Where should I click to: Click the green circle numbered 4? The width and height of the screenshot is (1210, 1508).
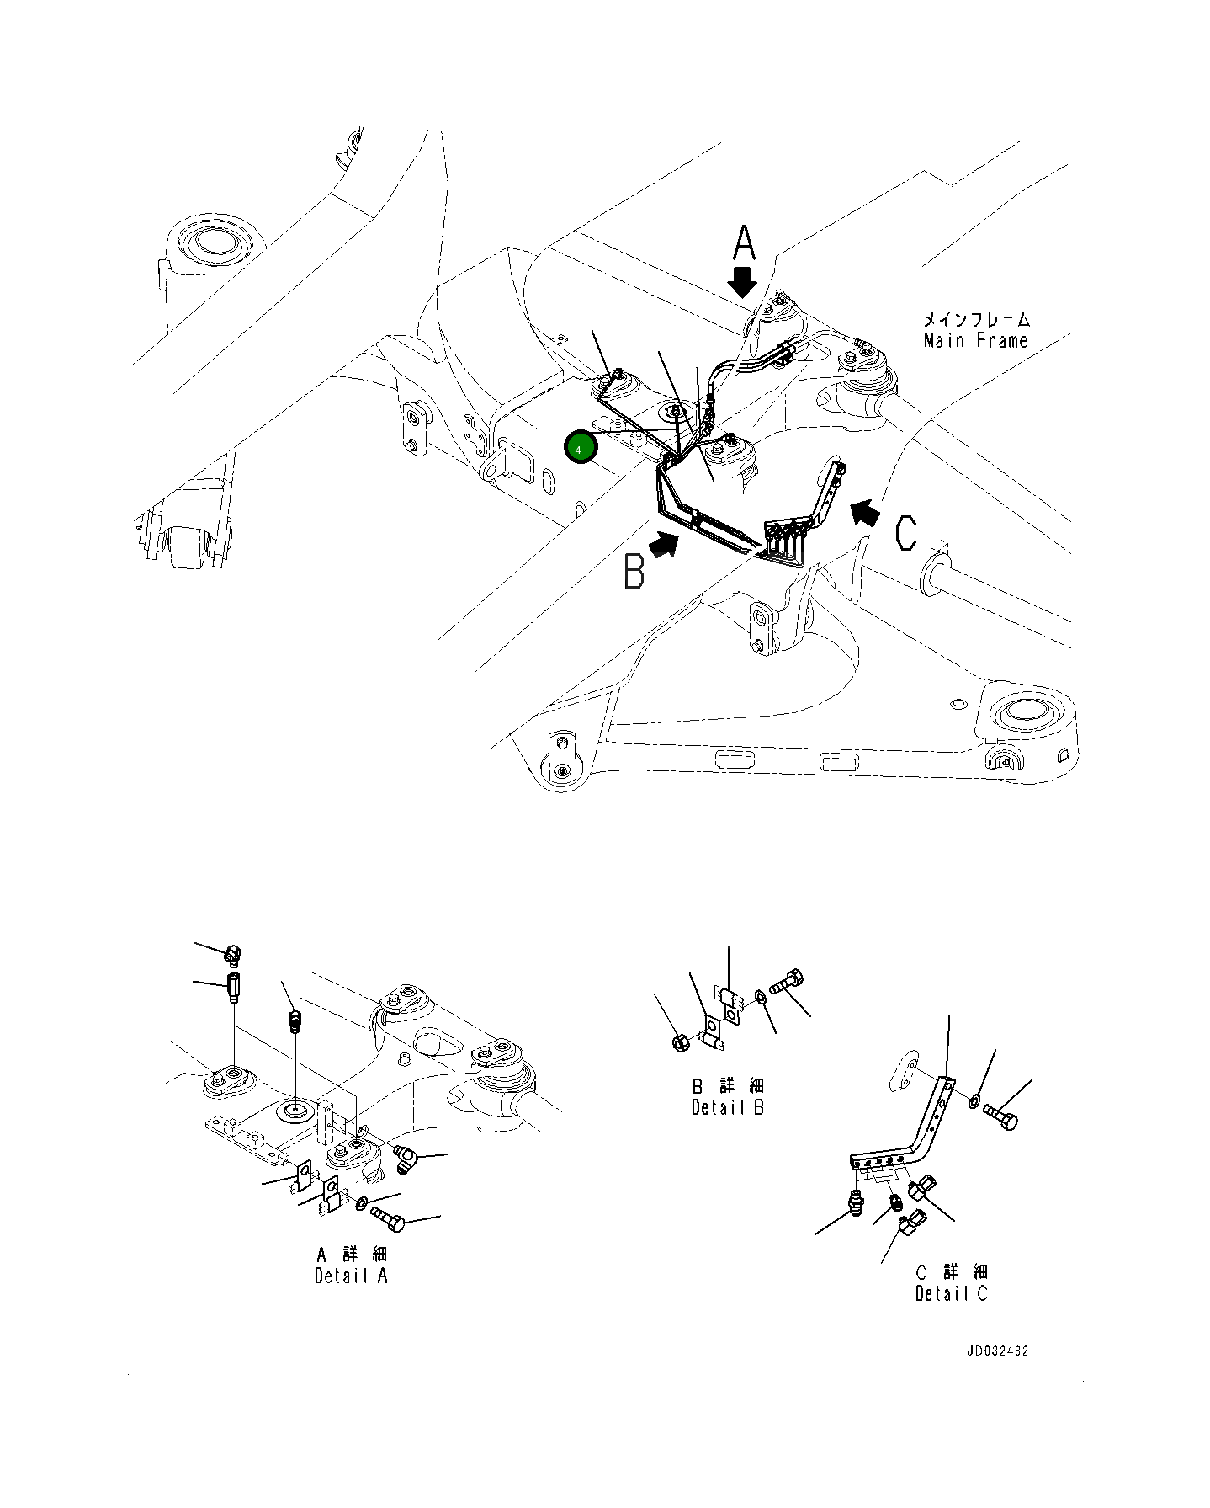click(579, 449)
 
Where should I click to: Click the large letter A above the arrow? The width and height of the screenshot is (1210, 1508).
click(744, 243)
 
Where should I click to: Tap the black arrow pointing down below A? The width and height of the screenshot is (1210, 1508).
click(742, 283)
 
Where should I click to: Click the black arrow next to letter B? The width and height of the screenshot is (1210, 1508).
click(665, 545)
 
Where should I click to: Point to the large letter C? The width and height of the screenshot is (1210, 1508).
click(905, 534)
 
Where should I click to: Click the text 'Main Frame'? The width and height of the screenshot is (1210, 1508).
click(975, 341)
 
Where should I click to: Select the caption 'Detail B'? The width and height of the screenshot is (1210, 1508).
click(727, 1107)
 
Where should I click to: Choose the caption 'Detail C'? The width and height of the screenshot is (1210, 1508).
click(951, 1294)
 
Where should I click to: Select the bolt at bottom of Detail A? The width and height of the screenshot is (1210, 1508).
click(388, 1215)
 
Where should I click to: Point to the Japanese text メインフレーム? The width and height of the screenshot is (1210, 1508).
click(976, 319)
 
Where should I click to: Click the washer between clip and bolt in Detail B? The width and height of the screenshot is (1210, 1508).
click(760, 998)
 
